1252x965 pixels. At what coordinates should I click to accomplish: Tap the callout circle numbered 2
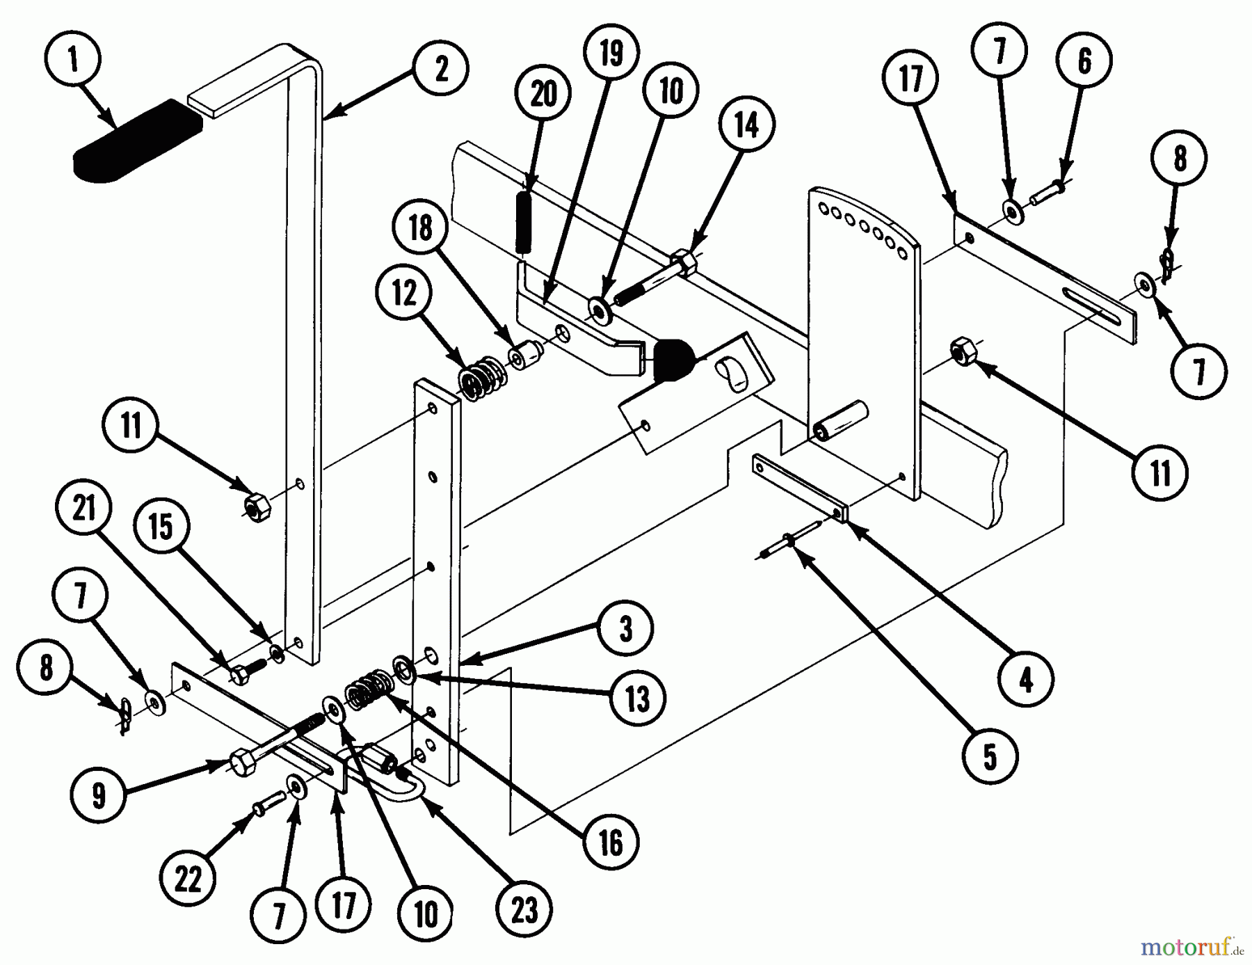441,69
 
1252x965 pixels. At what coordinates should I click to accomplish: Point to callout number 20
543,94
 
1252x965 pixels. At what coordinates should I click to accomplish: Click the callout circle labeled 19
611,53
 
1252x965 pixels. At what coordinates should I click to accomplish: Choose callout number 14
747,126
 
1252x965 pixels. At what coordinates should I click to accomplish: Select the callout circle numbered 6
1084,62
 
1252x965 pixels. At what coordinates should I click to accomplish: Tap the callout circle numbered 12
405,294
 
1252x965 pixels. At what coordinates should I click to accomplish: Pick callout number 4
1026,680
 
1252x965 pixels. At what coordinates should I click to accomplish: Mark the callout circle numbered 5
990,756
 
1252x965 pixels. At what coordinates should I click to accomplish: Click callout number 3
626,629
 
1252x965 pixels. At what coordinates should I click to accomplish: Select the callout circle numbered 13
637,699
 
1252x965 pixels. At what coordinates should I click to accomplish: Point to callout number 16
611,843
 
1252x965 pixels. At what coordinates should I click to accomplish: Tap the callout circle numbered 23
524,909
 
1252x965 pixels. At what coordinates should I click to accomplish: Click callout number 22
188,879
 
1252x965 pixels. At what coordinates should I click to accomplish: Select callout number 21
84,509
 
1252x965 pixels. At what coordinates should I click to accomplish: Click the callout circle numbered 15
161,527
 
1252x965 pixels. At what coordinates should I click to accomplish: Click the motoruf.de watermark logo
1191,947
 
